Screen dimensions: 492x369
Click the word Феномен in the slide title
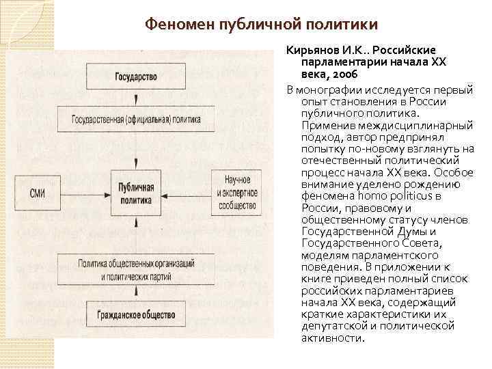click(180, 25)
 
